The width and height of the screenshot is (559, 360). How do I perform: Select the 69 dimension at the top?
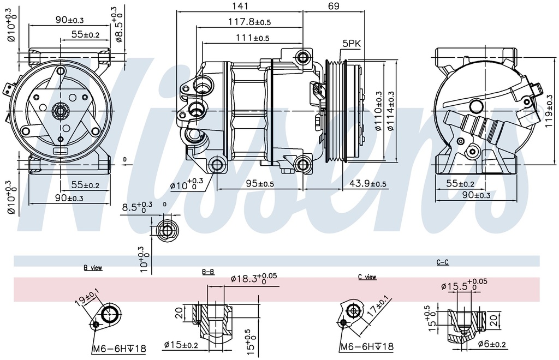334,6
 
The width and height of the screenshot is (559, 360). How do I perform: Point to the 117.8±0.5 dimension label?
249,22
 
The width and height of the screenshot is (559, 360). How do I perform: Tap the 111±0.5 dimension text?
252,38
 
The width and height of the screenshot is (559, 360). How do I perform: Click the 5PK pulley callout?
352,43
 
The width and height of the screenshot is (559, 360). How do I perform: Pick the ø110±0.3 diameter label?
378,111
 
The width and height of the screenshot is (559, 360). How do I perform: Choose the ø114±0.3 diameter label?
391,111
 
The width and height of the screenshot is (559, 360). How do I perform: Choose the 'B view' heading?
93,268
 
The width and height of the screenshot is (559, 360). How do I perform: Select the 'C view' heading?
367,277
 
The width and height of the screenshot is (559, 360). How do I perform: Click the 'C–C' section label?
442,262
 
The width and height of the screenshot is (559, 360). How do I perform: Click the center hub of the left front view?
60,111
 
